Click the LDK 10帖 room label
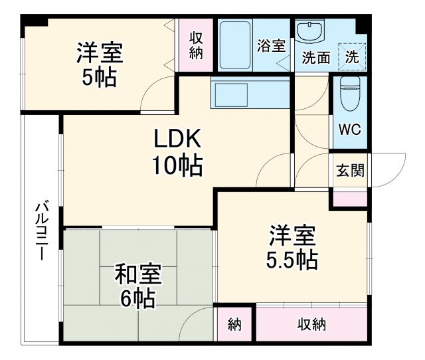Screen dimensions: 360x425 [177, 152]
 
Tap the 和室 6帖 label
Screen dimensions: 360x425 [138, 286]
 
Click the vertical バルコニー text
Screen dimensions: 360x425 [41, 232]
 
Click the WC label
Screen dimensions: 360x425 [349, 130]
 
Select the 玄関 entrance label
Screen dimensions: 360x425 [349, 171]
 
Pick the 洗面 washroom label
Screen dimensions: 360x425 [316, 58]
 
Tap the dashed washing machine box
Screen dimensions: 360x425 [351, 56]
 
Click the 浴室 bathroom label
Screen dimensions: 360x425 [271, 46]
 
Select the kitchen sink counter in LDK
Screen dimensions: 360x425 [250, 92]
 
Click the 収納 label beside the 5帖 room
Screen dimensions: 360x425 [196, 45]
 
